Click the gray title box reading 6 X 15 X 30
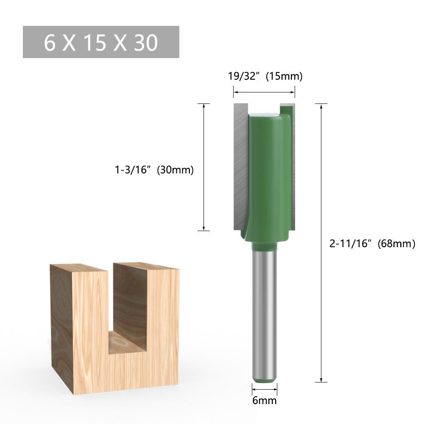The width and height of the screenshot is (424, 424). point(101,42)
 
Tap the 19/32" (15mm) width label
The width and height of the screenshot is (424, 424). point(265,76)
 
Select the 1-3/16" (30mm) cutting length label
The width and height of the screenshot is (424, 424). point(154,170)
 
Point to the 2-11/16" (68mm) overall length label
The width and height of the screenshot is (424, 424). point(372,243)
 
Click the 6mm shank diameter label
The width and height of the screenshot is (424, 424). point(265,400)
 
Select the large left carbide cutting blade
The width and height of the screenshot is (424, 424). point(240,165)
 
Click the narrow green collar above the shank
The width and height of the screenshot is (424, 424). point(265,246)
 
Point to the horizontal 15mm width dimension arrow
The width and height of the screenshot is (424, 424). point(264,91)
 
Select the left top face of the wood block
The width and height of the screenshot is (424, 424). point(81,268)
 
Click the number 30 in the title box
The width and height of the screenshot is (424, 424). point(146,42)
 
